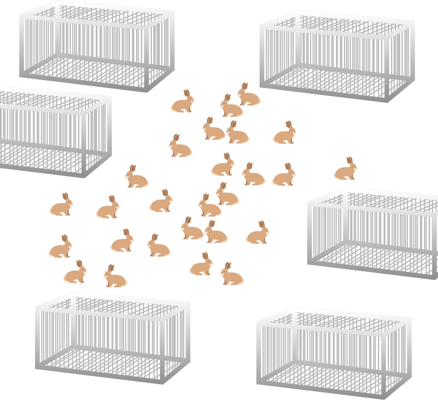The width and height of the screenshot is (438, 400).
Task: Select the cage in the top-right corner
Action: [337, 57]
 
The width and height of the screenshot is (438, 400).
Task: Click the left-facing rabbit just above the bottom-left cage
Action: [115, 278]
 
